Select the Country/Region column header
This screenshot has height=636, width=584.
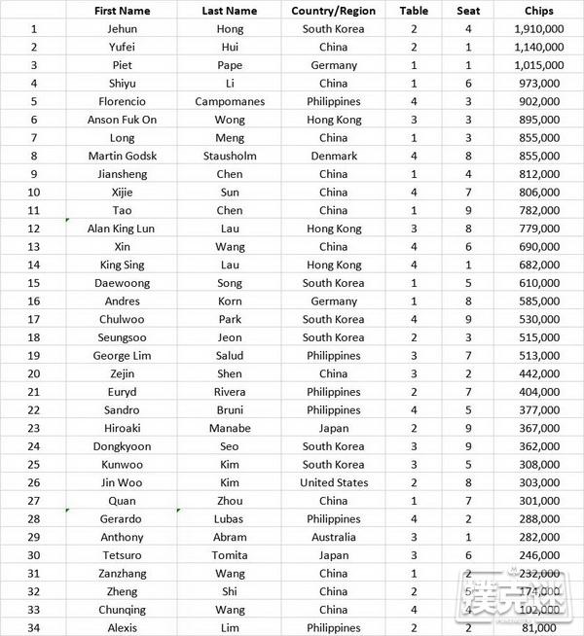click(333, 11)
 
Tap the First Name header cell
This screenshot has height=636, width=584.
click(122, 11)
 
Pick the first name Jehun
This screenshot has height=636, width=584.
click(122, 28)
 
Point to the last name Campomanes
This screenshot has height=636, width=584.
click(230, 101)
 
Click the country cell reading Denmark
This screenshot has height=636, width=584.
click(333, 156)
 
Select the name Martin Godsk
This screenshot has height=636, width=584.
click(122, 156)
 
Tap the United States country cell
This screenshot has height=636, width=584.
click(333, 482)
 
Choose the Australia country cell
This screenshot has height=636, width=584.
click(333, 537)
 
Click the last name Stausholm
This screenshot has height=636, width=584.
click(230, 156)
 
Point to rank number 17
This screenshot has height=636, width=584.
click(34, 319)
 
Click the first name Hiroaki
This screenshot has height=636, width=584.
click(122, 428)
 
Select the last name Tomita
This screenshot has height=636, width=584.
click(230, 555)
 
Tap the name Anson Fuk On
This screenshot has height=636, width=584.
click(122, 120)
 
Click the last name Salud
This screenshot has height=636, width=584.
click(230, 356)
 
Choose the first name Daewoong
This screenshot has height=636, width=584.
click(122, 283)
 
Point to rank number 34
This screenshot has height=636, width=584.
click(34, 628)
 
